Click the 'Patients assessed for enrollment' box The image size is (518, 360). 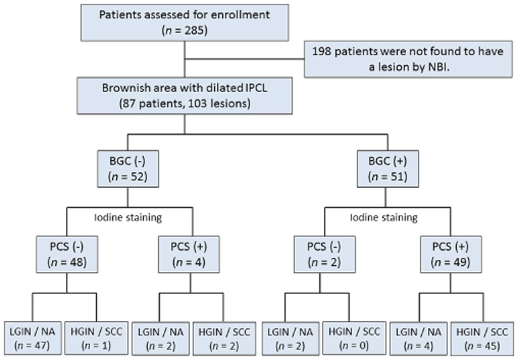[x=185, y=23]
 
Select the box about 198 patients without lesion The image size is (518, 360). [x=408, y=60]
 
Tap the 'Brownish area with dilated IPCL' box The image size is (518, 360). [x=185, y=96]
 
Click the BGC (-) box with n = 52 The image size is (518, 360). [x=128, y=169]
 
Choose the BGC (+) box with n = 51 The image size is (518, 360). [x=388, y=169]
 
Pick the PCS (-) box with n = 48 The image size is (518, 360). [x=67, y=254]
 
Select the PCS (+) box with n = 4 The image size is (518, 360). [x=189, y=254]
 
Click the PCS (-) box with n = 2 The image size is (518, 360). [x=325, y=254]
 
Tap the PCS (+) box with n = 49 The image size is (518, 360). [x=451, y=254]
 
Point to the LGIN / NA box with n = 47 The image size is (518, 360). [x=33, y=338]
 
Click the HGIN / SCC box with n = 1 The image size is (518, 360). [x=96, y=338]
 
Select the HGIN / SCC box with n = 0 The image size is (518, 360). [x=354, y=338]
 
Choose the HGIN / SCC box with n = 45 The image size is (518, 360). [x=482, y=338]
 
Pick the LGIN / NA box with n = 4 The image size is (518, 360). [x=419, y=338]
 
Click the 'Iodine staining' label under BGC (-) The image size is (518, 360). [x=128, y=218]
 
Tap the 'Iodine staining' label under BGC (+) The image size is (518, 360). [x=384, y=218]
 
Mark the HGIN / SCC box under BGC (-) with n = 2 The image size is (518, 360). [x=224, y=338]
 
